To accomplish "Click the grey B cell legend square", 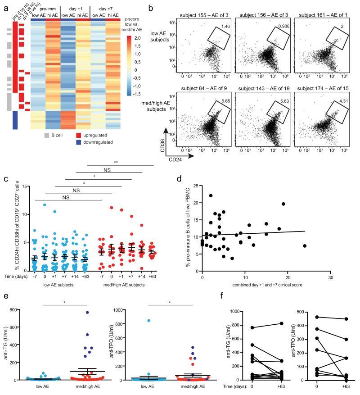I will [47, 135].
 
